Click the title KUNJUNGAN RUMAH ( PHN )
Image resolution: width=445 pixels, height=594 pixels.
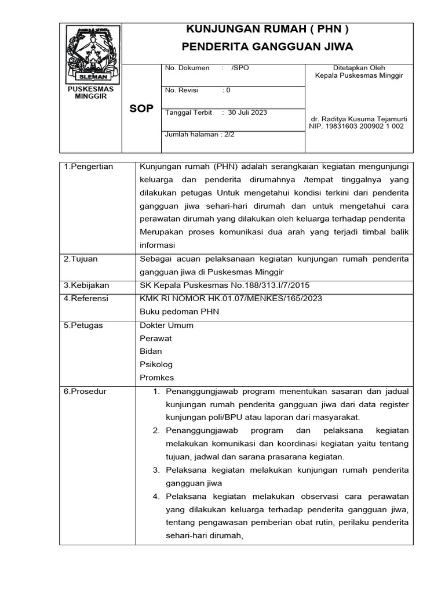coord(267,30)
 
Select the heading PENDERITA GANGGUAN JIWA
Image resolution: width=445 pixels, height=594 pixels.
coord(267,46)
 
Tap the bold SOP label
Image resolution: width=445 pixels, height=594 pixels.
coord(141,109)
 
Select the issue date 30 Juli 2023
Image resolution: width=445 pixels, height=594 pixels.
coord(247,113)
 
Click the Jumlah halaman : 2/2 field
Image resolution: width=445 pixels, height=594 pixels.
coord(200,134)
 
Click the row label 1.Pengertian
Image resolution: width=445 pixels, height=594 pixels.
coord(89,166)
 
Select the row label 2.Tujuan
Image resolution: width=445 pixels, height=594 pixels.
coord(81,259)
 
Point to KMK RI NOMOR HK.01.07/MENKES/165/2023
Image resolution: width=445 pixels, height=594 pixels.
coord(231,298)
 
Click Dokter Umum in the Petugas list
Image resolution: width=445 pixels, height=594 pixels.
coord(167,325)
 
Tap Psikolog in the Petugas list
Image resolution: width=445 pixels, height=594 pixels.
coord(156,364)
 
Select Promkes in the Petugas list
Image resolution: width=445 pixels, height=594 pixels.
coord(157,378)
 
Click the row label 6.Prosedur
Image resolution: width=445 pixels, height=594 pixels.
coord(85,392)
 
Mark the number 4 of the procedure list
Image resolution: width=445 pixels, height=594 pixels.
coord(156,497)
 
